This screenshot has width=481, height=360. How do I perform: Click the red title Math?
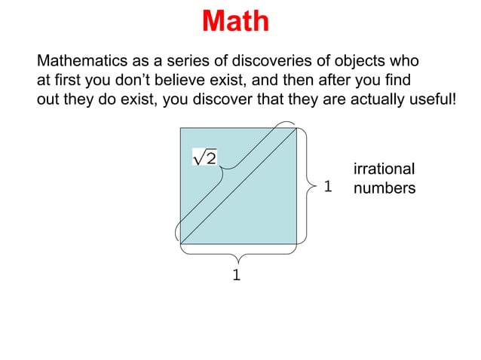coord(235,21)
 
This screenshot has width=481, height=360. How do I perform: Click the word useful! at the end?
coord(432,99)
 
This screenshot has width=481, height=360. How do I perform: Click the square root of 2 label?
coord(205,157)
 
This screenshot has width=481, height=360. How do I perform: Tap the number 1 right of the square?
coord(328,186)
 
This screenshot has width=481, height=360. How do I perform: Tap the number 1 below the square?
coord(237,276)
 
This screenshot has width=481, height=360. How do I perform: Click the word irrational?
coord(384,169)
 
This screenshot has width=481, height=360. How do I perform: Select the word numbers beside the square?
coord(384,188)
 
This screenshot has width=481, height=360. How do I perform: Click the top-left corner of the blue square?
coord(180,128)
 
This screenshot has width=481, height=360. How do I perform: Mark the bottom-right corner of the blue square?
coord(296,244)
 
